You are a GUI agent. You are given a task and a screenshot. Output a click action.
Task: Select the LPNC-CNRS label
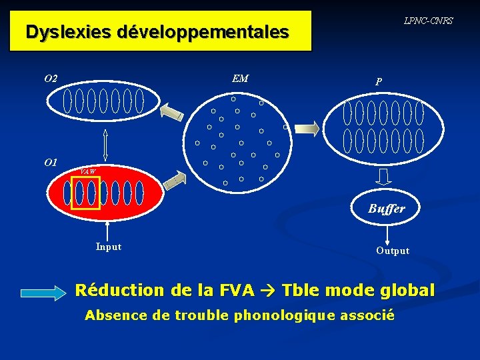click(428, 21)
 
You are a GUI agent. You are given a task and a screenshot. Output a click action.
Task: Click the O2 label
click(51, 79)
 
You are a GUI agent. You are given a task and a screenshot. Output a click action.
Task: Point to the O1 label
click(51, 162)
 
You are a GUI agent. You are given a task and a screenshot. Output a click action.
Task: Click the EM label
click(240, 79)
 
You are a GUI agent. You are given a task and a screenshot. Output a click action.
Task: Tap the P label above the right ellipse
click(379, 82)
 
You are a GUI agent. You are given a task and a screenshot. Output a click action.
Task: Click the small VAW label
click(88, 172)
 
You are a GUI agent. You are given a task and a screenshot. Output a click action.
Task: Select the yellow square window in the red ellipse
click(85, 193)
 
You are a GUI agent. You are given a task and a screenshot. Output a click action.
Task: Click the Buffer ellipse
click(387, 209)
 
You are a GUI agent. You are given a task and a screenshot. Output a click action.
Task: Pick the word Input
click(109, 247)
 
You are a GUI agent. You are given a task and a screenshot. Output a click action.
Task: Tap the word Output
click(393, 251)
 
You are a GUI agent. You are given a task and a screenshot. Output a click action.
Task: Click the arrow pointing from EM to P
click(307, 129)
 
